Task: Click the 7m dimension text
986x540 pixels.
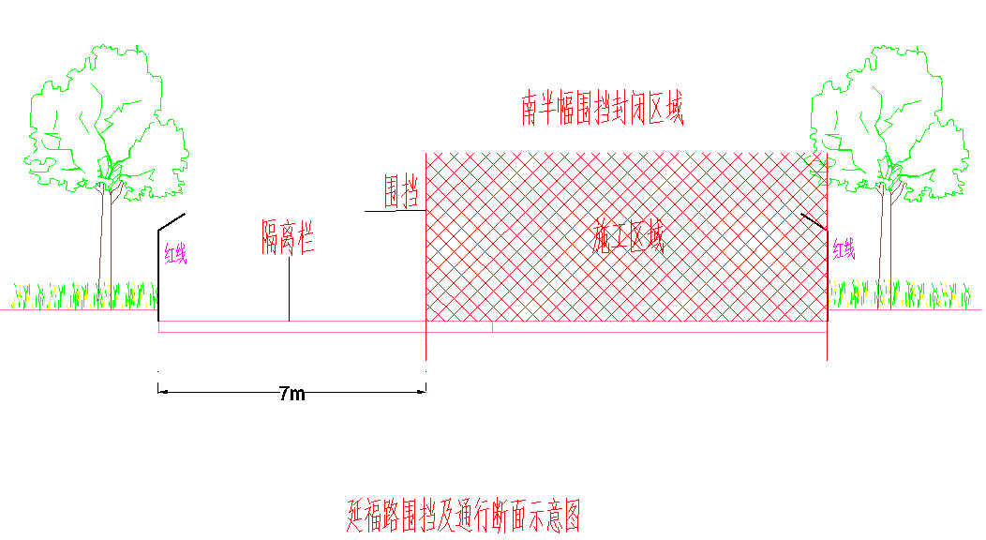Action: [292, 394]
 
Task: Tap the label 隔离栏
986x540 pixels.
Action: [288, 237]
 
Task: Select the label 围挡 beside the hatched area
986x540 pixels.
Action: [401, 191]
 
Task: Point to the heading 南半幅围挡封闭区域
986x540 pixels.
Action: [603, 109]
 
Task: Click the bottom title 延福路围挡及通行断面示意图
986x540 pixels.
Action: [463, 516]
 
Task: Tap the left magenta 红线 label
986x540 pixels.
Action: [175, 253]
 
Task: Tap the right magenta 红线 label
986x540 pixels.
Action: [844, 249]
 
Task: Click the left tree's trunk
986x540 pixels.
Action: [106, 246]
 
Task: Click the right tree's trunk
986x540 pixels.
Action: [886, 246]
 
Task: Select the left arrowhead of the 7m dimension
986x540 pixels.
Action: [163, 392]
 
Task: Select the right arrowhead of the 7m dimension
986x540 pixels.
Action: [421, 392]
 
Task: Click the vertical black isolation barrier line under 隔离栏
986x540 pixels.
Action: [290, 289]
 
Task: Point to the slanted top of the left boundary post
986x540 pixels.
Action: [171, 222]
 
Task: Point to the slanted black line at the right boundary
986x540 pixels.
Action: [814, 222]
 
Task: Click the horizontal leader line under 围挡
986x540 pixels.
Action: [396, 211]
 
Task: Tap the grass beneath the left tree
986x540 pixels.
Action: [85, 295]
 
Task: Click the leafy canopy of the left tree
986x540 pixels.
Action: [106, 123]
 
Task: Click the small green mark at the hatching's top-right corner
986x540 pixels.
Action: [817, 168]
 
